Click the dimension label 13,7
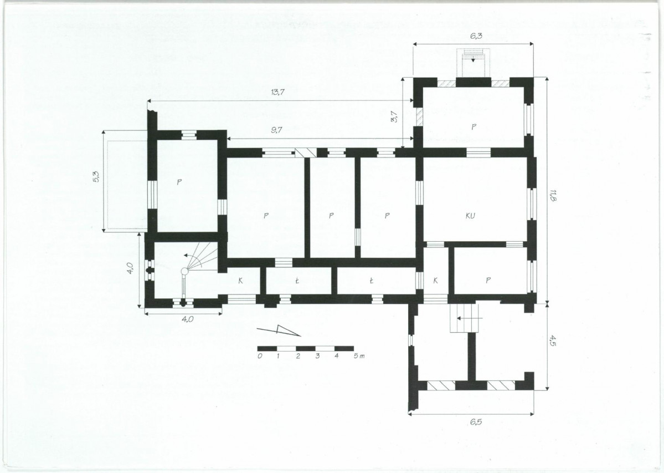[277, 91]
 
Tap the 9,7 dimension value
[276, 130]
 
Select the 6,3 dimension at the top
[476, 35]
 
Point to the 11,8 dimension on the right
[553, 195]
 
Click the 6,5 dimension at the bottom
[476, 422]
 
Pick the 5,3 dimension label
[96, 176]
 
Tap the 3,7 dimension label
[394, 116]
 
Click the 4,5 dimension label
[553, 340]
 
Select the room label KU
[470, 215]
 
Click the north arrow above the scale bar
[279, 330]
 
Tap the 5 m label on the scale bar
[359, 356]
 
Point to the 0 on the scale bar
[260, 356]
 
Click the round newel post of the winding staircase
[184, 271]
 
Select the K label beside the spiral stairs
[240, 280]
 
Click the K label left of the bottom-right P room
[435, 280]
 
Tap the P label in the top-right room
[473, 126]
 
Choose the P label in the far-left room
[179, 182]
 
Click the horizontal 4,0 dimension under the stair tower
[188, 319]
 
